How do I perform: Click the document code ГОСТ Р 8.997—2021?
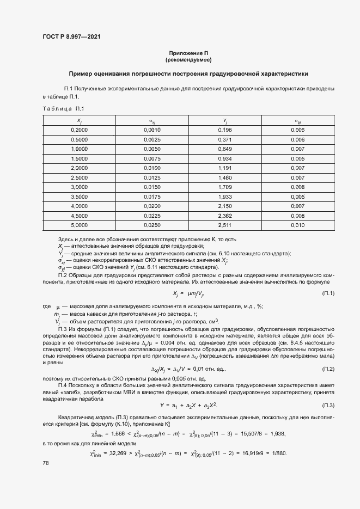71,36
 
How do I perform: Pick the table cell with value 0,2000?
79,130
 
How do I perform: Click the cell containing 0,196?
224,130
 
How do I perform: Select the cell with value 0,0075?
152,158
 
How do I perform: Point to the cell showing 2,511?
224,225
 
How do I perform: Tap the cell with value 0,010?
297,225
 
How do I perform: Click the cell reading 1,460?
224,177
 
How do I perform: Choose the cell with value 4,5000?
79,215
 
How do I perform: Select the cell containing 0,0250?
152,225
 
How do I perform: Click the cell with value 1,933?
224,196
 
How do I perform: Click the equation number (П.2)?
328,370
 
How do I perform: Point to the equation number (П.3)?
328,406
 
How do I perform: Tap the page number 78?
46,463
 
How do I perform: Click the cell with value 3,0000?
79,187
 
